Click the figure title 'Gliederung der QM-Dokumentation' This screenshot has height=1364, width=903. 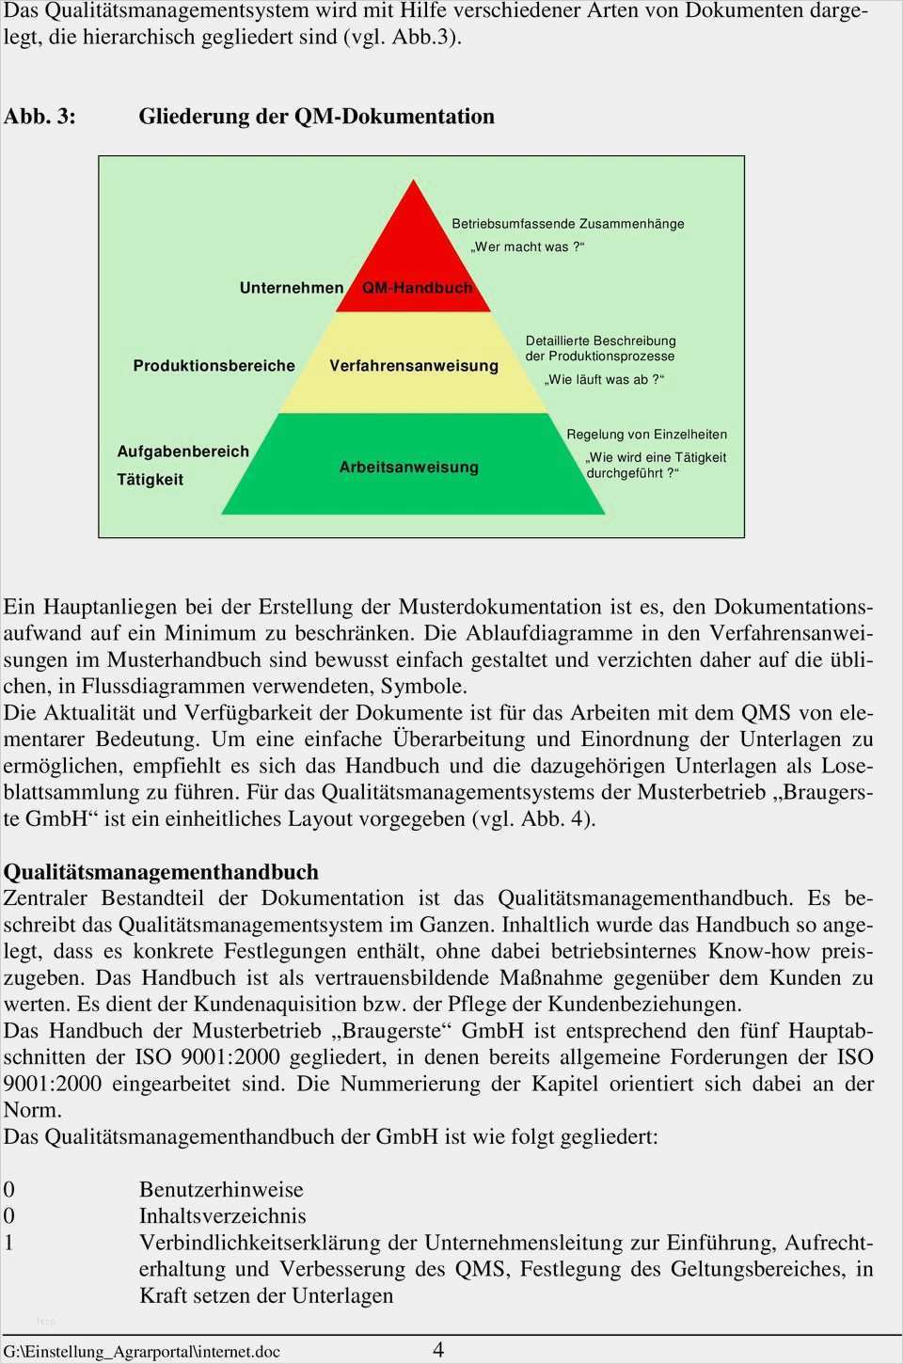pyautogui.click(x=316, y=117)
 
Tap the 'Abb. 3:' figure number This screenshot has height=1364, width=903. pyautogui.click(x=40, y=117)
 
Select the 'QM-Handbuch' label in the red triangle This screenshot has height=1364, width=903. pyautogui.click(x=417, y=288)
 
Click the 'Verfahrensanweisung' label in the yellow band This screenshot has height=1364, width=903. pyautogui.click(x=414, y=366)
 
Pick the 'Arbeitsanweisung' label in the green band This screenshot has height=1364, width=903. pyautogui.click(x=408, y=468)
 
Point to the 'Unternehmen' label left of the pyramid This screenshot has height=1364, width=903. pyautogui.click(x=292, y=288)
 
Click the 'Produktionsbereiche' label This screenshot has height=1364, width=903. pyautogui.click(x=214, y=366)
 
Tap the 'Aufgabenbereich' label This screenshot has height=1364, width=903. pyautogui.click(x=182, y=452)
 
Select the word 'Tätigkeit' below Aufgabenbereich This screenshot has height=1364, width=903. pyautogui.click(x=150, y=480)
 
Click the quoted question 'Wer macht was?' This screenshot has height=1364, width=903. pyautogui.click(x=527, y=247)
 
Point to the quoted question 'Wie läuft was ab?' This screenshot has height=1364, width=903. pyautogui.click(x=604, y=380)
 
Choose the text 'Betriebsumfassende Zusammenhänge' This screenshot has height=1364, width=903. pyautogui.click(x=567, y=224)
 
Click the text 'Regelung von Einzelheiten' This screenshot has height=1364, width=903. pyautogui.click(x=646, y=435)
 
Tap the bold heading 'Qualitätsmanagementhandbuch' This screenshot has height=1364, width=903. pyautogui.click(x=161, y=872)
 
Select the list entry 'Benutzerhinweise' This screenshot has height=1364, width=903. pyautogui.click(x=221, y=1190)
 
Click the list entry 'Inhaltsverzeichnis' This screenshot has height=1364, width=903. pyautogui.click(x=222, y=1216)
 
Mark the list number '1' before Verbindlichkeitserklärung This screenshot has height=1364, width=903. pyautogui.click(x=8, y=1243)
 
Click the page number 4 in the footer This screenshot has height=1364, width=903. pyautogui.click(x=438, y=1350)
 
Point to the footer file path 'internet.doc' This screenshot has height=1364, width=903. pyautogui.click(x=237, y=1352)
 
